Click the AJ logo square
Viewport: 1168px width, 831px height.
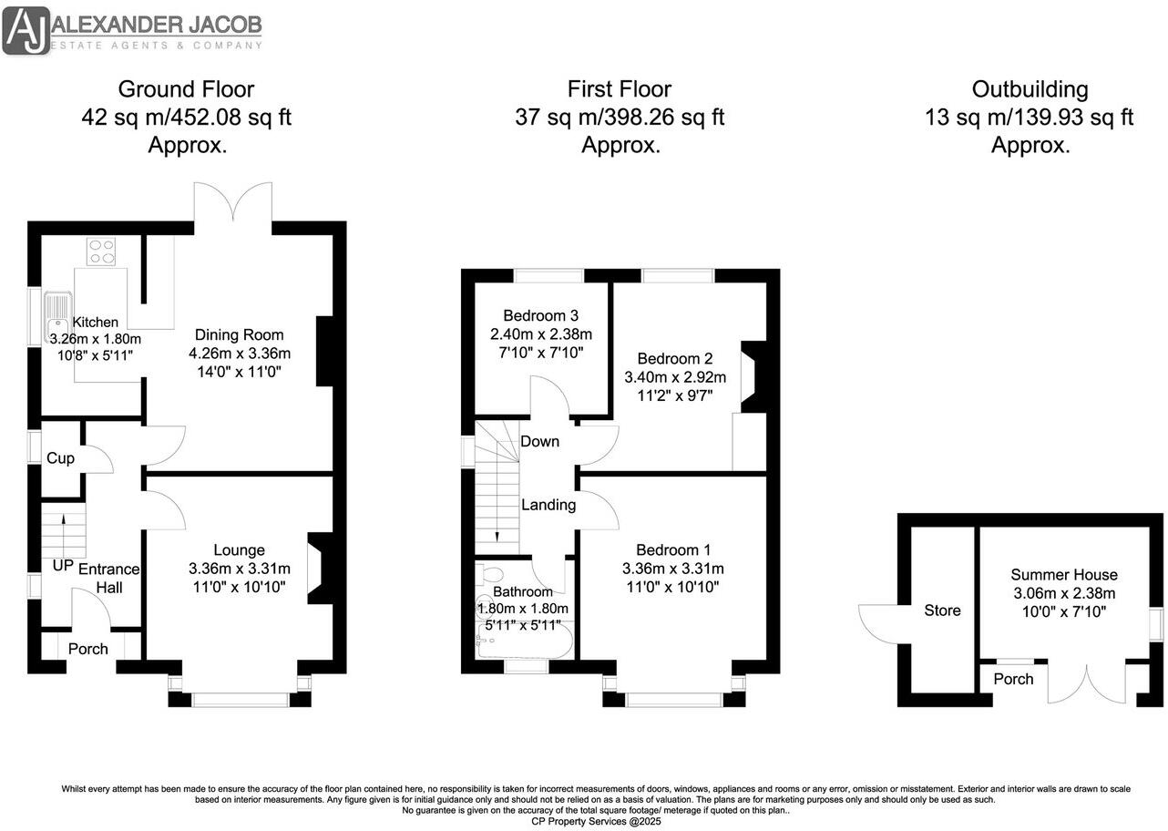[x=26, y=31]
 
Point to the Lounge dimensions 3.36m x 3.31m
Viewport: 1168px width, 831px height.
[x=239, y=569]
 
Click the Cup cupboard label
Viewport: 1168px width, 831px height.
[x=60, y=458]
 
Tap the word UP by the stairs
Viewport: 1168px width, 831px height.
[x=62, y=566]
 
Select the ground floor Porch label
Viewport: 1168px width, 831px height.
[x=88, y=649]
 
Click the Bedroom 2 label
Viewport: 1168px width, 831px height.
[x=674, y=358]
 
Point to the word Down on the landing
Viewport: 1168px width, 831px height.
[x=539, y=442]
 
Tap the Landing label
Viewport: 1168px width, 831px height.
[x=548, y=505]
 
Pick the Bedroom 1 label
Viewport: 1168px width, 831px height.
[x=673, y=549]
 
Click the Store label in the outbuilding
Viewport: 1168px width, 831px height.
[x=942, y=610]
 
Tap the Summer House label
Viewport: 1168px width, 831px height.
[x=1063, y=575]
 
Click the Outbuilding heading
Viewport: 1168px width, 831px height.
[x=1030, y=89]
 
